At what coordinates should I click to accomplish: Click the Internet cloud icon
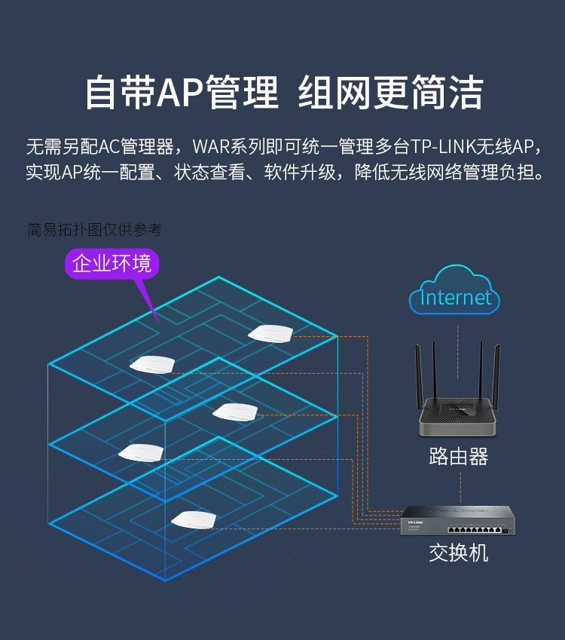(454, 291)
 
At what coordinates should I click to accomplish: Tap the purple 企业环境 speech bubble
(111, 264)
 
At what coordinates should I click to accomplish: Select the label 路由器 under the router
(458, 456)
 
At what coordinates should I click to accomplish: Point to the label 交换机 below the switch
(458, 553)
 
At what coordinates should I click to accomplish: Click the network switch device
(458, 520)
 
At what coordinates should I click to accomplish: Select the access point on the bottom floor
(194, 519)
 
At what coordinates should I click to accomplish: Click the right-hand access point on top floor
(270, 332)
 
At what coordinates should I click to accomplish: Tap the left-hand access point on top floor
(152, 364)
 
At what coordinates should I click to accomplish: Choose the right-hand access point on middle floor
(235, 412)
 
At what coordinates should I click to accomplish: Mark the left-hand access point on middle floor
(141, 453)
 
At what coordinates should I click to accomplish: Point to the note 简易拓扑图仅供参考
(94, 229)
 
